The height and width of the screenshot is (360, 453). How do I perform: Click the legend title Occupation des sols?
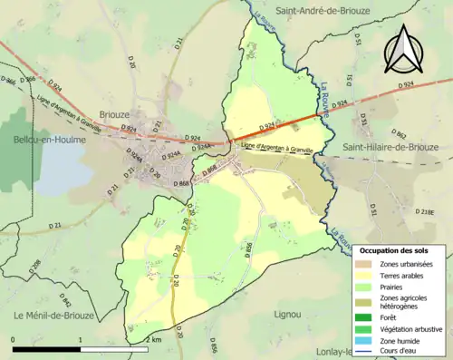pos(400,249)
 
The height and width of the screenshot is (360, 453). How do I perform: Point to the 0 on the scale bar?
pos(14,339)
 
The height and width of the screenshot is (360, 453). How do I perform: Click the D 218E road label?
pos(425,211)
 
